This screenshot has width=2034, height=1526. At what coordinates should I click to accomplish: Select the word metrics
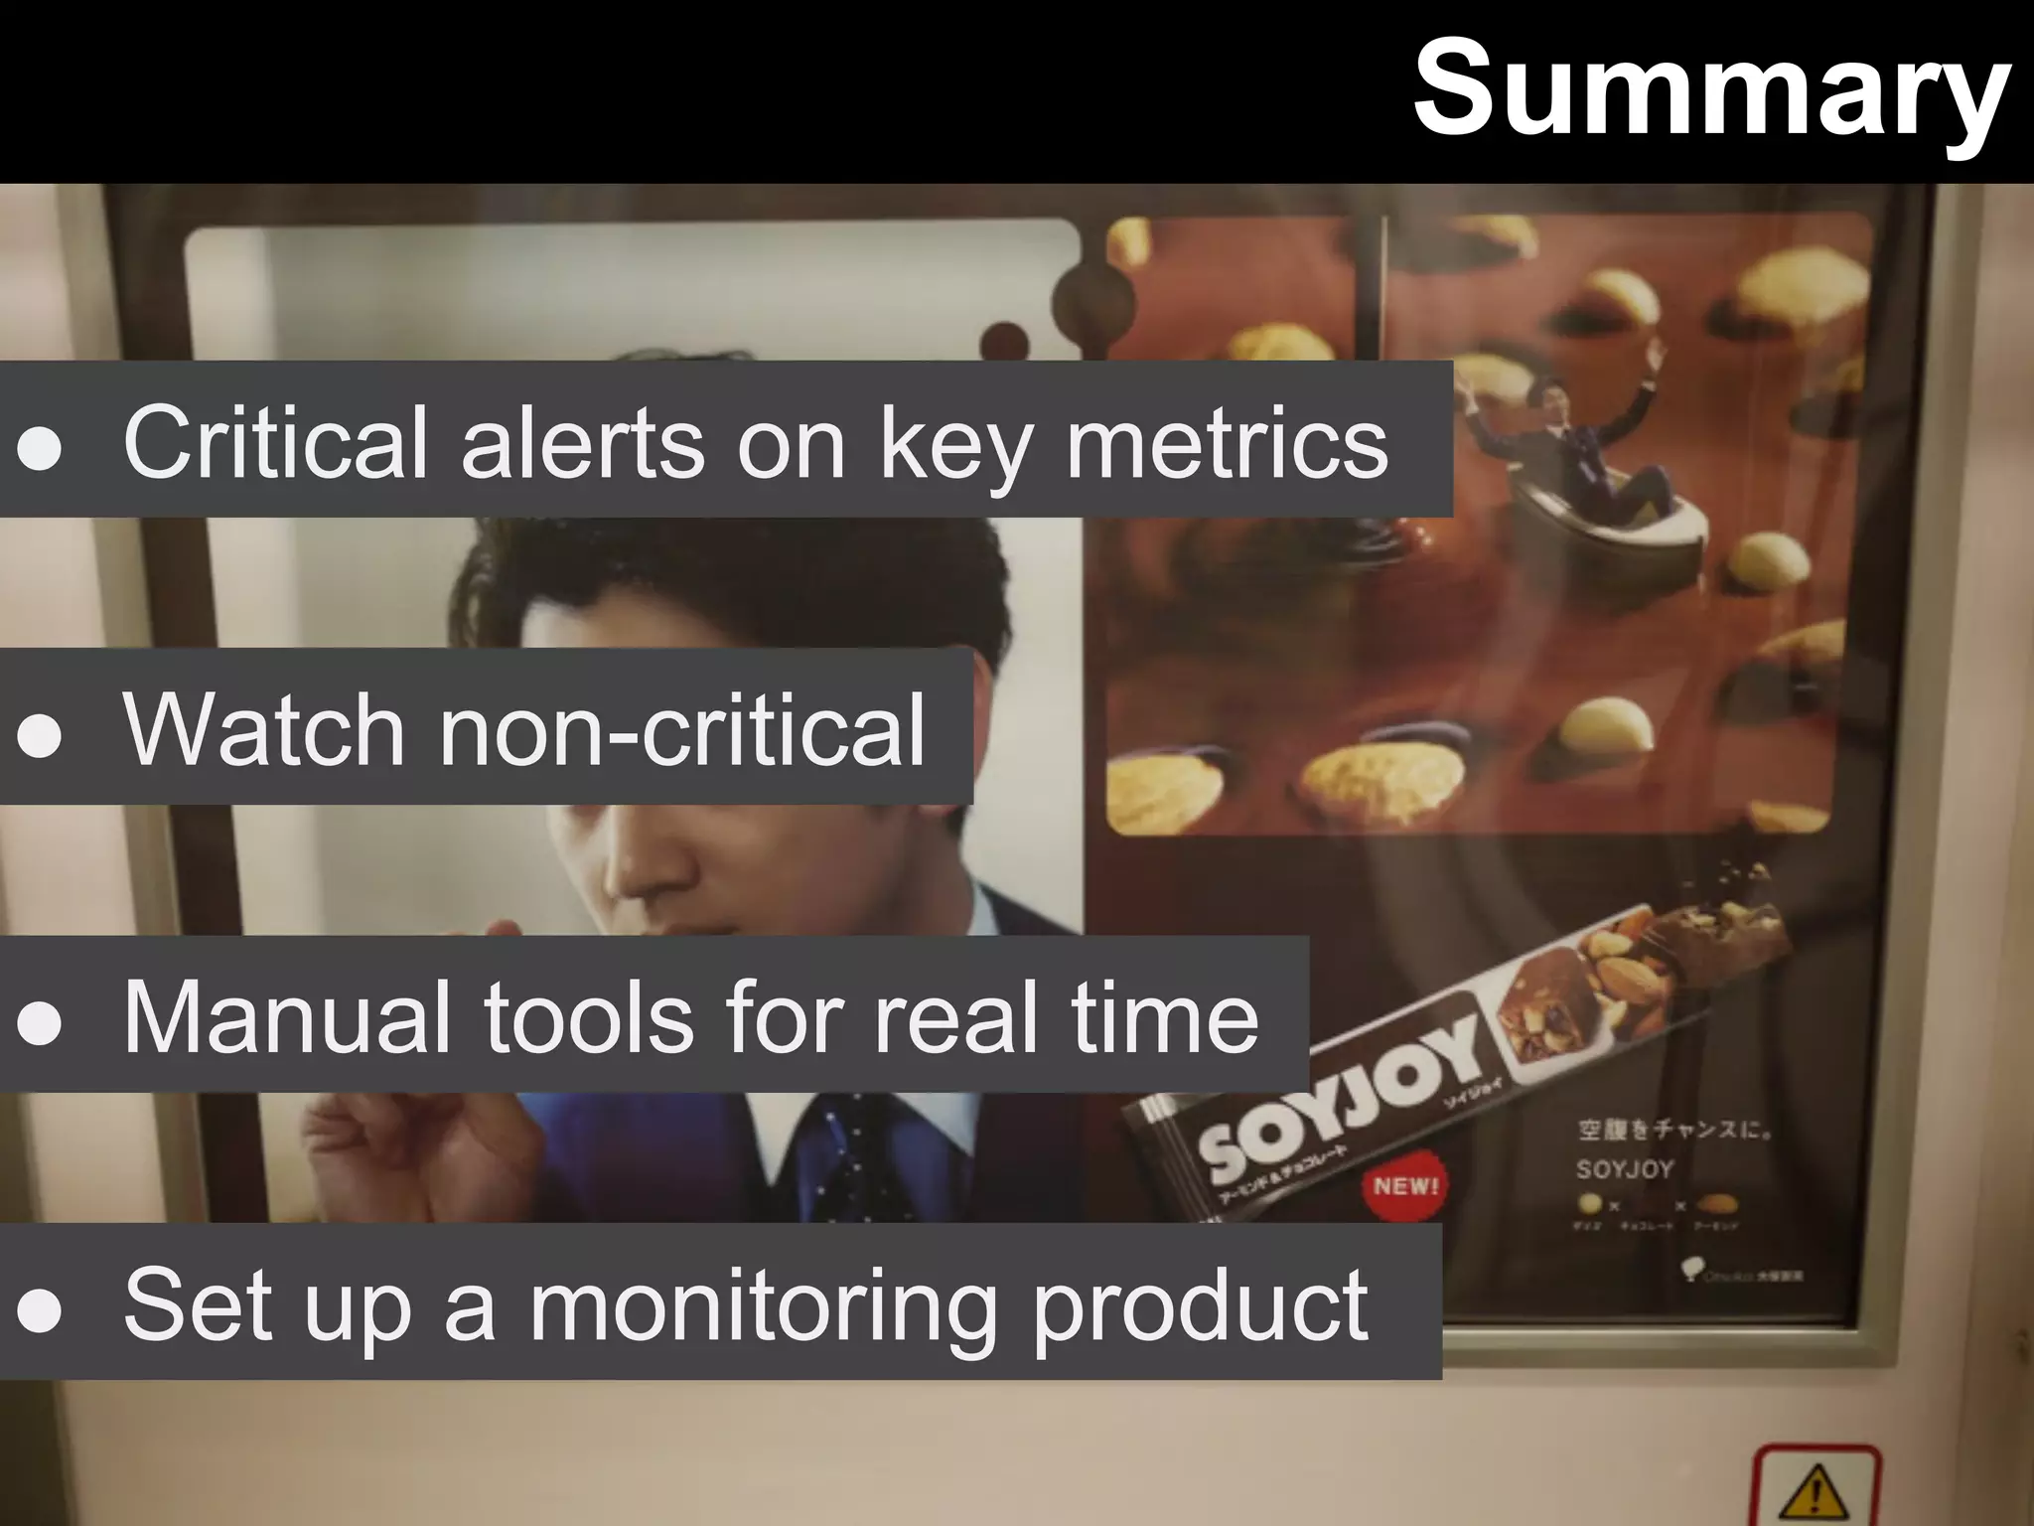click(1226, 442)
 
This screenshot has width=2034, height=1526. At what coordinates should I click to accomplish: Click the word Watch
click(263, 729)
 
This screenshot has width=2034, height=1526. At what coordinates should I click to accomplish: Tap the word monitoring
click(764, 1306)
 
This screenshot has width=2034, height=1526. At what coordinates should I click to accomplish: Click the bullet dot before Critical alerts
click(40, 448)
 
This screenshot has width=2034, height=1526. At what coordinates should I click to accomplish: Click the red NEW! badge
click(1405, 1185)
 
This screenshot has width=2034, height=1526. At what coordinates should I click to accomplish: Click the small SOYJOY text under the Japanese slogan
click(1624, 1169)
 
